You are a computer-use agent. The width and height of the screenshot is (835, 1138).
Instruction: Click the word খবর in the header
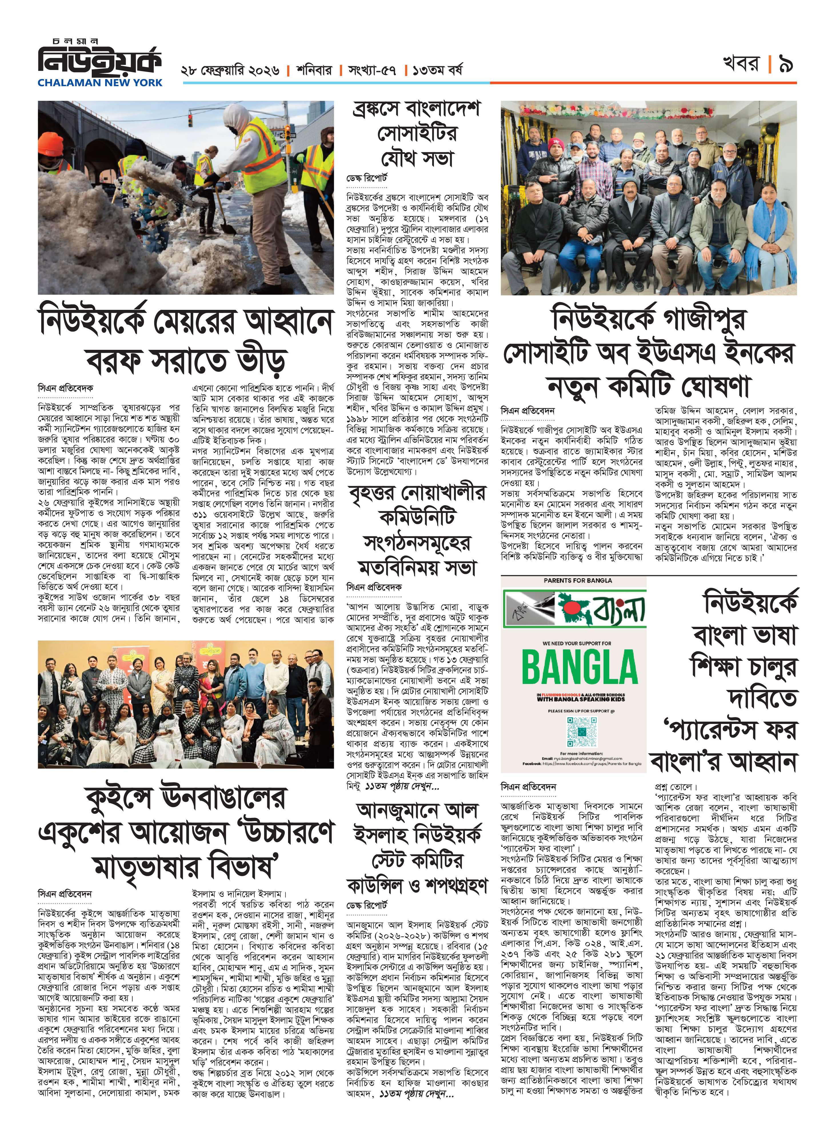[742, 64]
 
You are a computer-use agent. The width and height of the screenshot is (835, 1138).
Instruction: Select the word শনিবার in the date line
[314, 70]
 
